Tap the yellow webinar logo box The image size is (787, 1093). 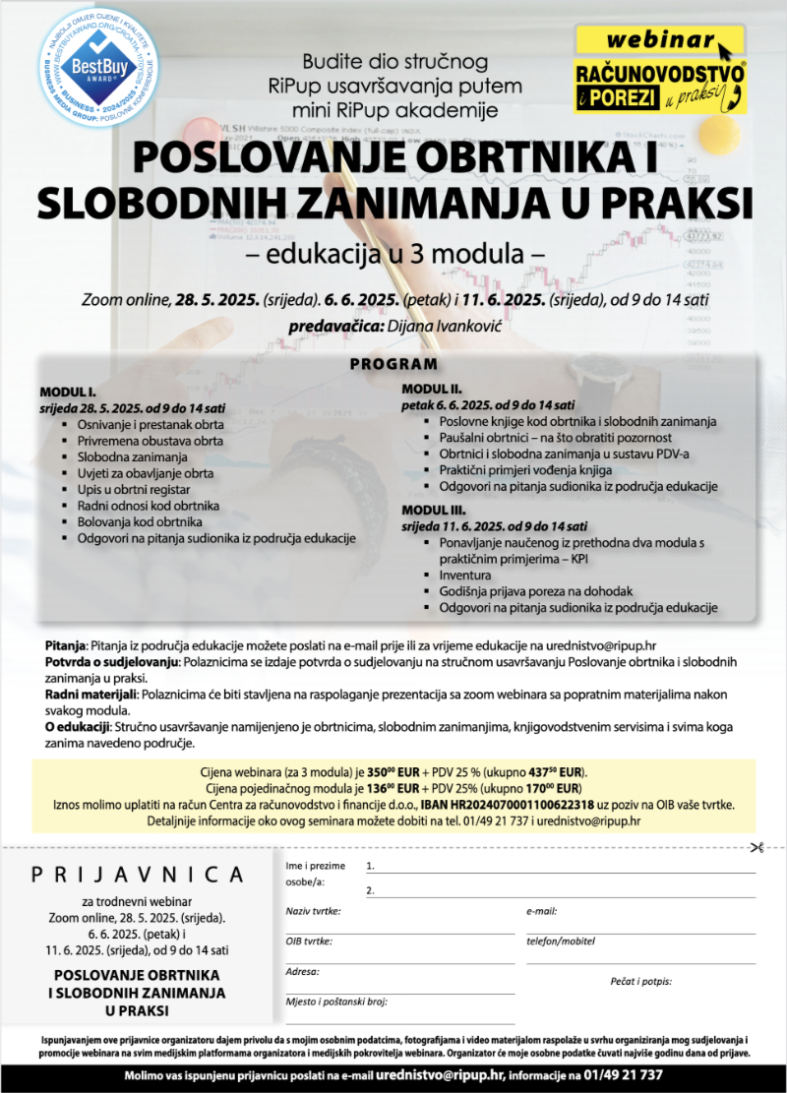pyautogui.click(x=659, y=71)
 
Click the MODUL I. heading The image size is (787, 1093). pyautogui.click(x=68, y=391)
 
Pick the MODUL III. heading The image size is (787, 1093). pyautogui.click(x=433, y=510)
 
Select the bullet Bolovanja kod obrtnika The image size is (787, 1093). pyautogui.click(x=140, y=521)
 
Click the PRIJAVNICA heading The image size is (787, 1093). pyautogui.click(x=138, y=874)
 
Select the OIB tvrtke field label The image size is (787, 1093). pyautogui.click(x=309, y=941)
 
